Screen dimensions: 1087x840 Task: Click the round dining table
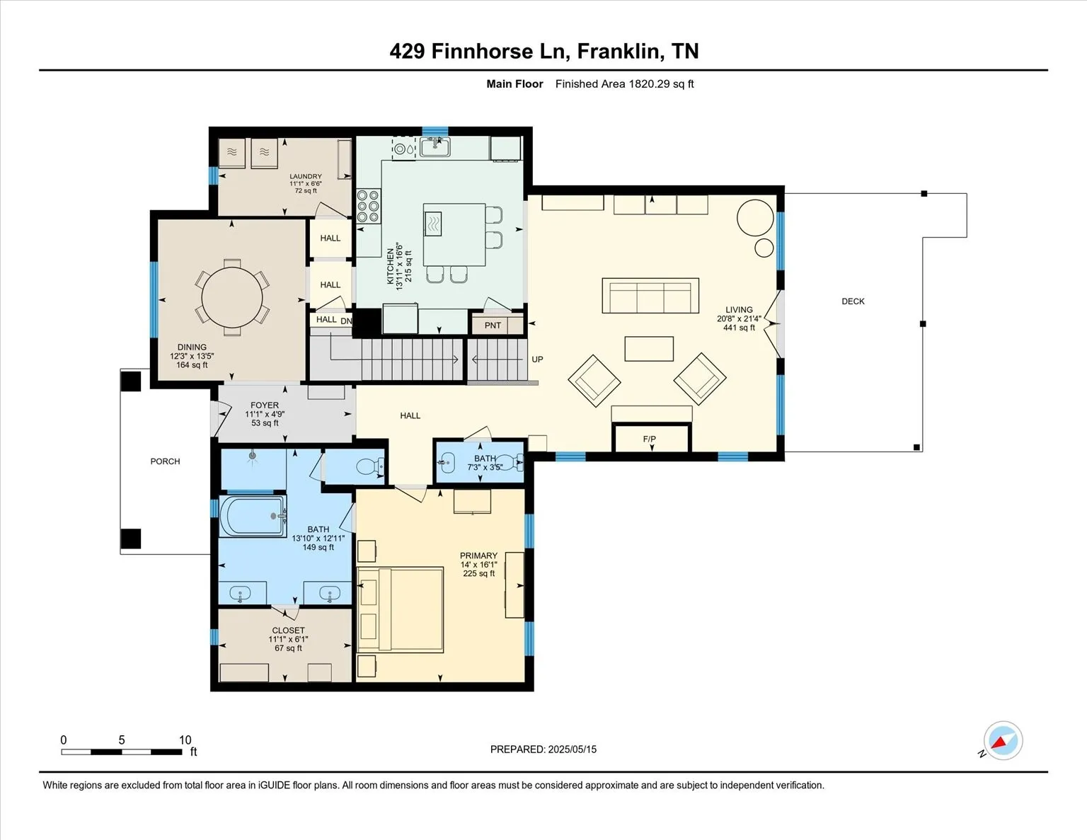point(231,297)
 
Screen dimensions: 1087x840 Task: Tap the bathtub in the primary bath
point(253,516)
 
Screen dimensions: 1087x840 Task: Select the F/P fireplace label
point(650,439)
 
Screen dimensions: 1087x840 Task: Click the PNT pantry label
point(493,326)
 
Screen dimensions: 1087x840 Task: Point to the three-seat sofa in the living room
point(650,296)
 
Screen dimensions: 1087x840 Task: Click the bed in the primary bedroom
point(400,609)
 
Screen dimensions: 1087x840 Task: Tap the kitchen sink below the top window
point(435,147)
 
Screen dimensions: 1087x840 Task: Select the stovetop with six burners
point(369,205)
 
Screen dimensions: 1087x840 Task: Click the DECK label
point(853,301)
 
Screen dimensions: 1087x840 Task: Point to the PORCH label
point(165,461)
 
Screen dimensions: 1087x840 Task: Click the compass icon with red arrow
point(1003,740)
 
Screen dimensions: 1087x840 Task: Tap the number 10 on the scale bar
point(185,740)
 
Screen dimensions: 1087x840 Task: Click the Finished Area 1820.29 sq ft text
point(624,84)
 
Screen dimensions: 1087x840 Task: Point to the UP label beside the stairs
point(537,359)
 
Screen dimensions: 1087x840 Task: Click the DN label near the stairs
point(346,321)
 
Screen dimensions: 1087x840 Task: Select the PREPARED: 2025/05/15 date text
point(543,749)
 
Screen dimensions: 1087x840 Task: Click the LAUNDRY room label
point(306,176)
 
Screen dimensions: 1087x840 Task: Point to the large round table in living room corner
point(755,217)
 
